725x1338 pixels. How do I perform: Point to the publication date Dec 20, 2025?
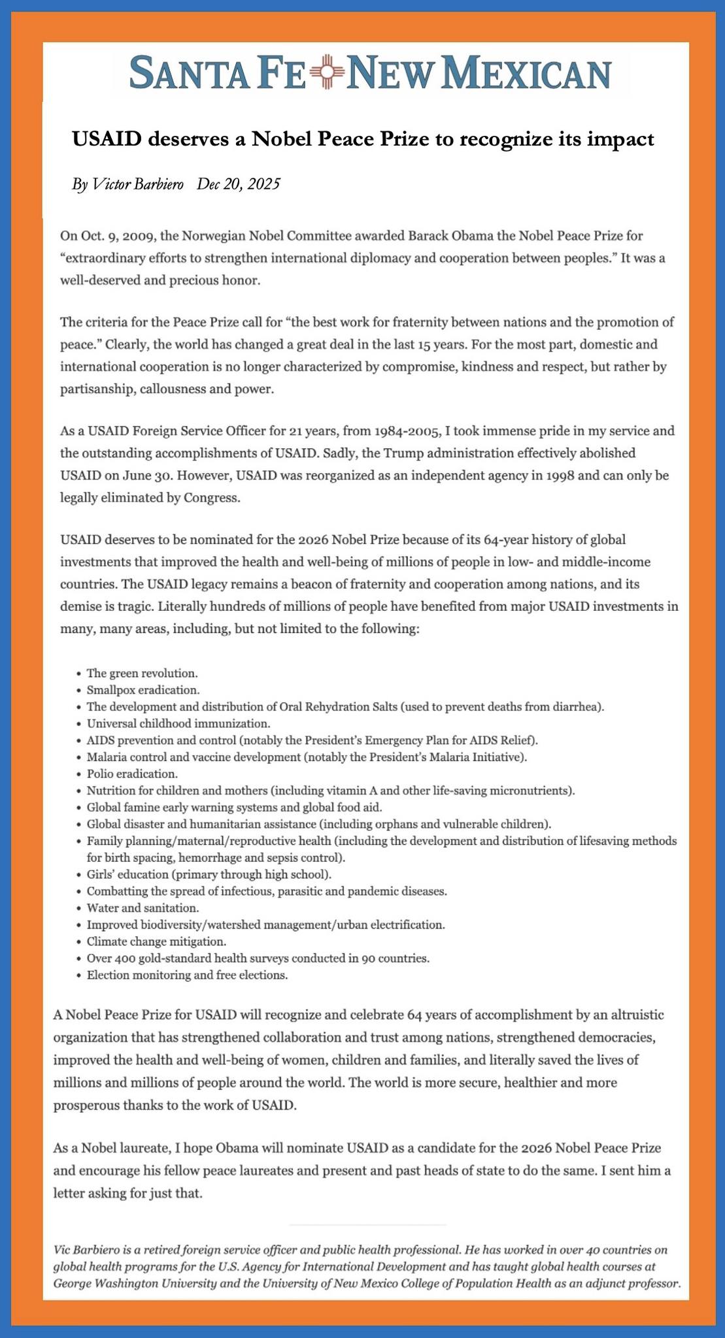238,184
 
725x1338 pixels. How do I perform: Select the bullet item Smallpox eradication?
143,690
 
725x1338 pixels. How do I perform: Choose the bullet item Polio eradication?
131,774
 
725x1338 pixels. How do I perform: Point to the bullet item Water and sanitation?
142,908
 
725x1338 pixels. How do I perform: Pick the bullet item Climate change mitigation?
156,941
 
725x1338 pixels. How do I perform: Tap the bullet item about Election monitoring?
187,975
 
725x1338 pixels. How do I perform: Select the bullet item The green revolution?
142,673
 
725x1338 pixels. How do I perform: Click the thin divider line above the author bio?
367,1224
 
